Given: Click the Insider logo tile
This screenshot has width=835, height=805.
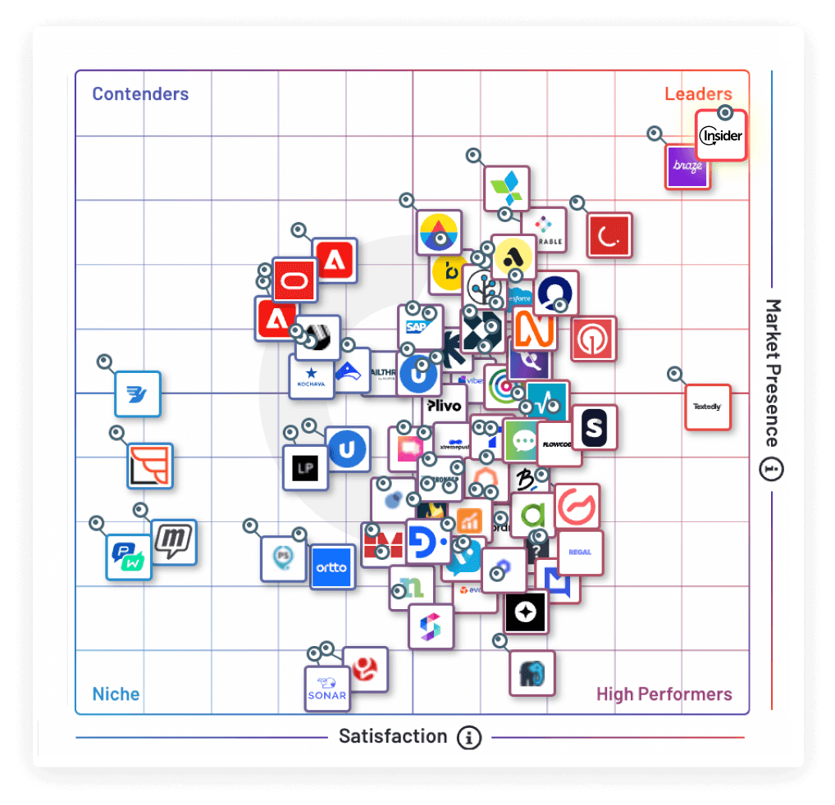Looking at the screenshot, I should point(721,135).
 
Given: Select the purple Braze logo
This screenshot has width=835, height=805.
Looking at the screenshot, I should point(687,166).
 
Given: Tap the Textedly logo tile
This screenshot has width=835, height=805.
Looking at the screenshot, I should point(707,407).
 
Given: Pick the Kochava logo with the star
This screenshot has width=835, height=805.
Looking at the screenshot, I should point(310,378).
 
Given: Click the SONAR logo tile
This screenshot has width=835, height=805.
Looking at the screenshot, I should point(326,689).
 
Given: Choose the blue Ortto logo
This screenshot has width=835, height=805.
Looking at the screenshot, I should point(332,567).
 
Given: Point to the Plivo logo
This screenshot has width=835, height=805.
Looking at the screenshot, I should point(445,405).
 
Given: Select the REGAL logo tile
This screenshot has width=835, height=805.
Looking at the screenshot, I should point(580,553).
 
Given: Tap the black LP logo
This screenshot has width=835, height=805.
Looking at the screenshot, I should point(305,469).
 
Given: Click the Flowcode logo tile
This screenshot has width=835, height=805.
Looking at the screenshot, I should point(558,444).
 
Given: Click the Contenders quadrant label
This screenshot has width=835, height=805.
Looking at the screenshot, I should point(140,94).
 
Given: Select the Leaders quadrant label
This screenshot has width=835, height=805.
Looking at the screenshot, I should point(698,94).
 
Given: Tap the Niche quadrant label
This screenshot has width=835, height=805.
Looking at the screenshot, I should point(116,694).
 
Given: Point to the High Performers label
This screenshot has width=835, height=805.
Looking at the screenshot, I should point(664,694).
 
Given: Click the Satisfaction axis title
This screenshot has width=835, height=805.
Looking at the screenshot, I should point(393,736).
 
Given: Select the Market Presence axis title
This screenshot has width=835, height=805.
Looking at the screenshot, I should point(772,373).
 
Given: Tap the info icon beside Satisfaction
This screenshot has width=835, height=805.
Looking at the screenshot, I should point(469,737).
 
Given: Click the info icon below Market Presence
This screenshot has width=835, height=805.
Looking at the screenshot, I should point(772,470).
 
